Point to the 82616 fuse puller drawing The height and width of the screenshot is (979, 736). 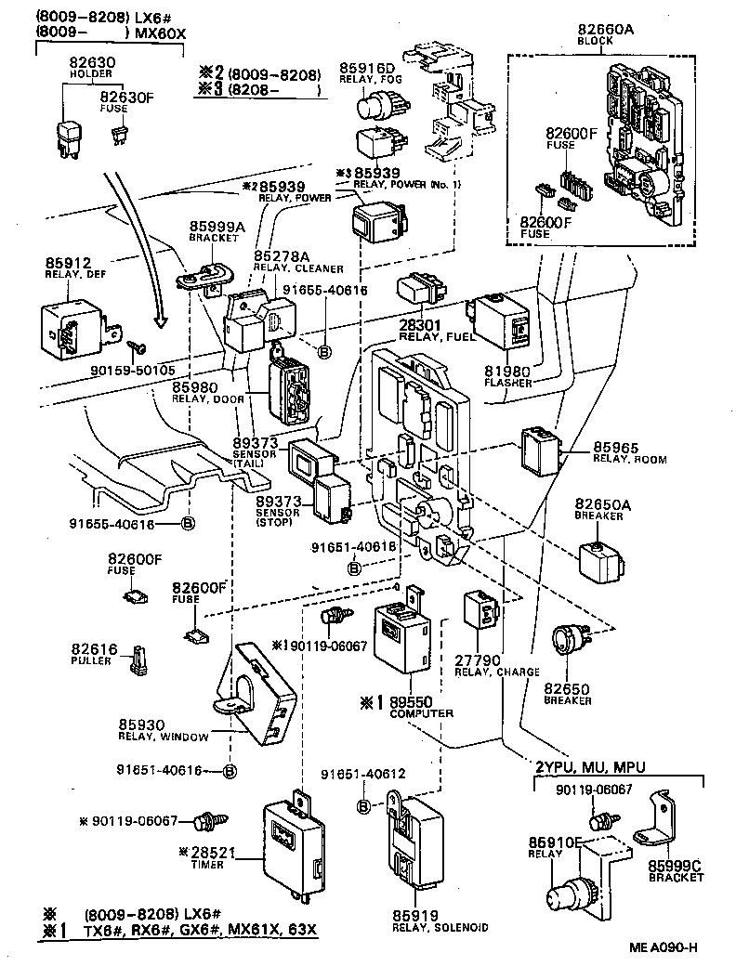point(139,659)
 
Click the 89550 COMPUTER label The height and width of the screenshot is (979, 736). point(420,707)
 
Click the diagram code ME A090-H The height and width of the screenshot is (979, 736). point(663,948)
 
